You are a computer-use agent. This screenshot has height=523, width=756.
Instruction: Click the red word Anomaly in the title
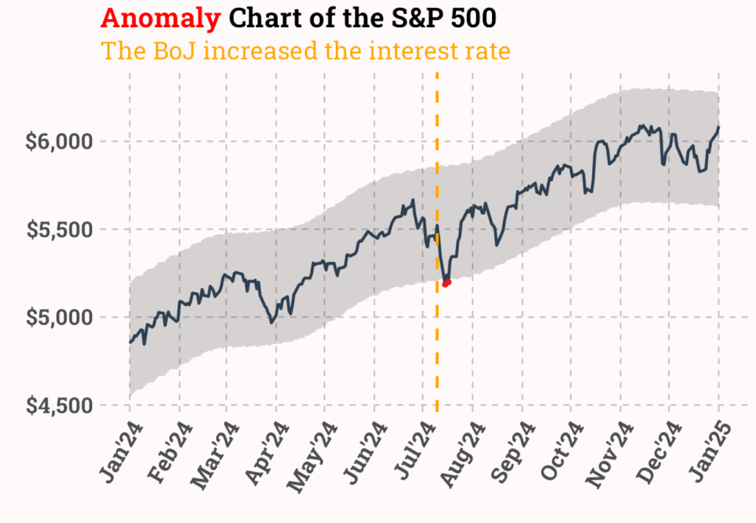point(161,19)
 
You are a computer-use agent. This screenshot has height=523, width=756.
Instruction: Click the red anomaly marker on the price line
point(446,283)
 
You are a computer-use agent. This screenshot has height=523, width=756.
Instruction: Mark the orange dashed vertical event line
point(437,353)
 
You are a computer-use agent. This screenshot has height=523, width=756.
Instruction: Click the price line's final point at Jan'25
point(719,127)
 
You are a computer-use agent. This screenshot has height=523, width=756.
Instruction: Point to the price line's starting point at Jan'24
point(130,342)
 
